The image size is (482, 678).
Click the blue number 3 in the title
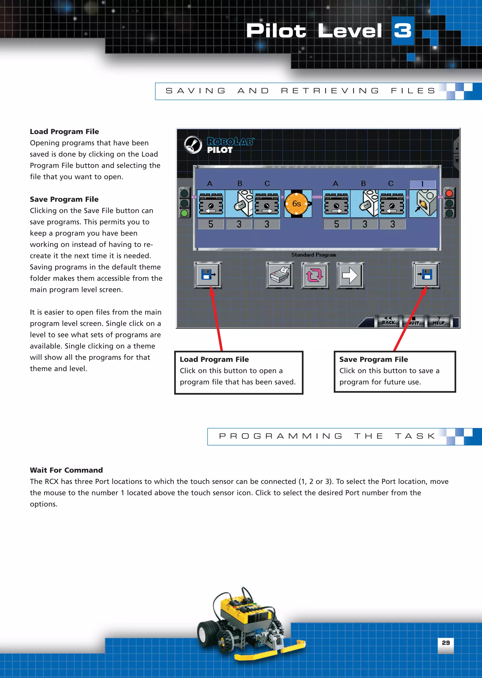pos(403,31)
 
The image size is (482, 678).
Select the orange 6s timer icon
pos(297,204)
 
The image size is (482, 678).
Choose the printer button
pos(280,275)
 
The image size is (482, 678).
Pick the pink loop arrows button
pos(315,275)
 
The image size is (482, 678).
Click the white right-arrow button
pos(350,275)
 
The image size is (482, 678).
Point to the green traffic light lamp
pos(185,213)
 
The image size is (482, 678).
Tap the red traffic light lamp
pos(449,194)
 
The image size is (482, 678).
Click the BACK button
pos(389,321)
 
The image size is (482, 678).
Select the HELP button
pos(439,321)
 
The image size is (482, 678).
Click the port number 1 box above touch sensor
pos(422,184)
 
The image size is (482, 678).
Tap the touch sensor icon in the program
pos(423,204)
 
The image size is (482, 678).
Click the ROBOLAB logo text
pos(230,141)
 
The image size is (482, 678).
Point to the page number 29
pos(446,643)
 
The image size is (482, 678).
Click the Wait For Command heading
pos(66,470)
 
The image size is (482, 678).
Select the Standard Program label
pos(314,255)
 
